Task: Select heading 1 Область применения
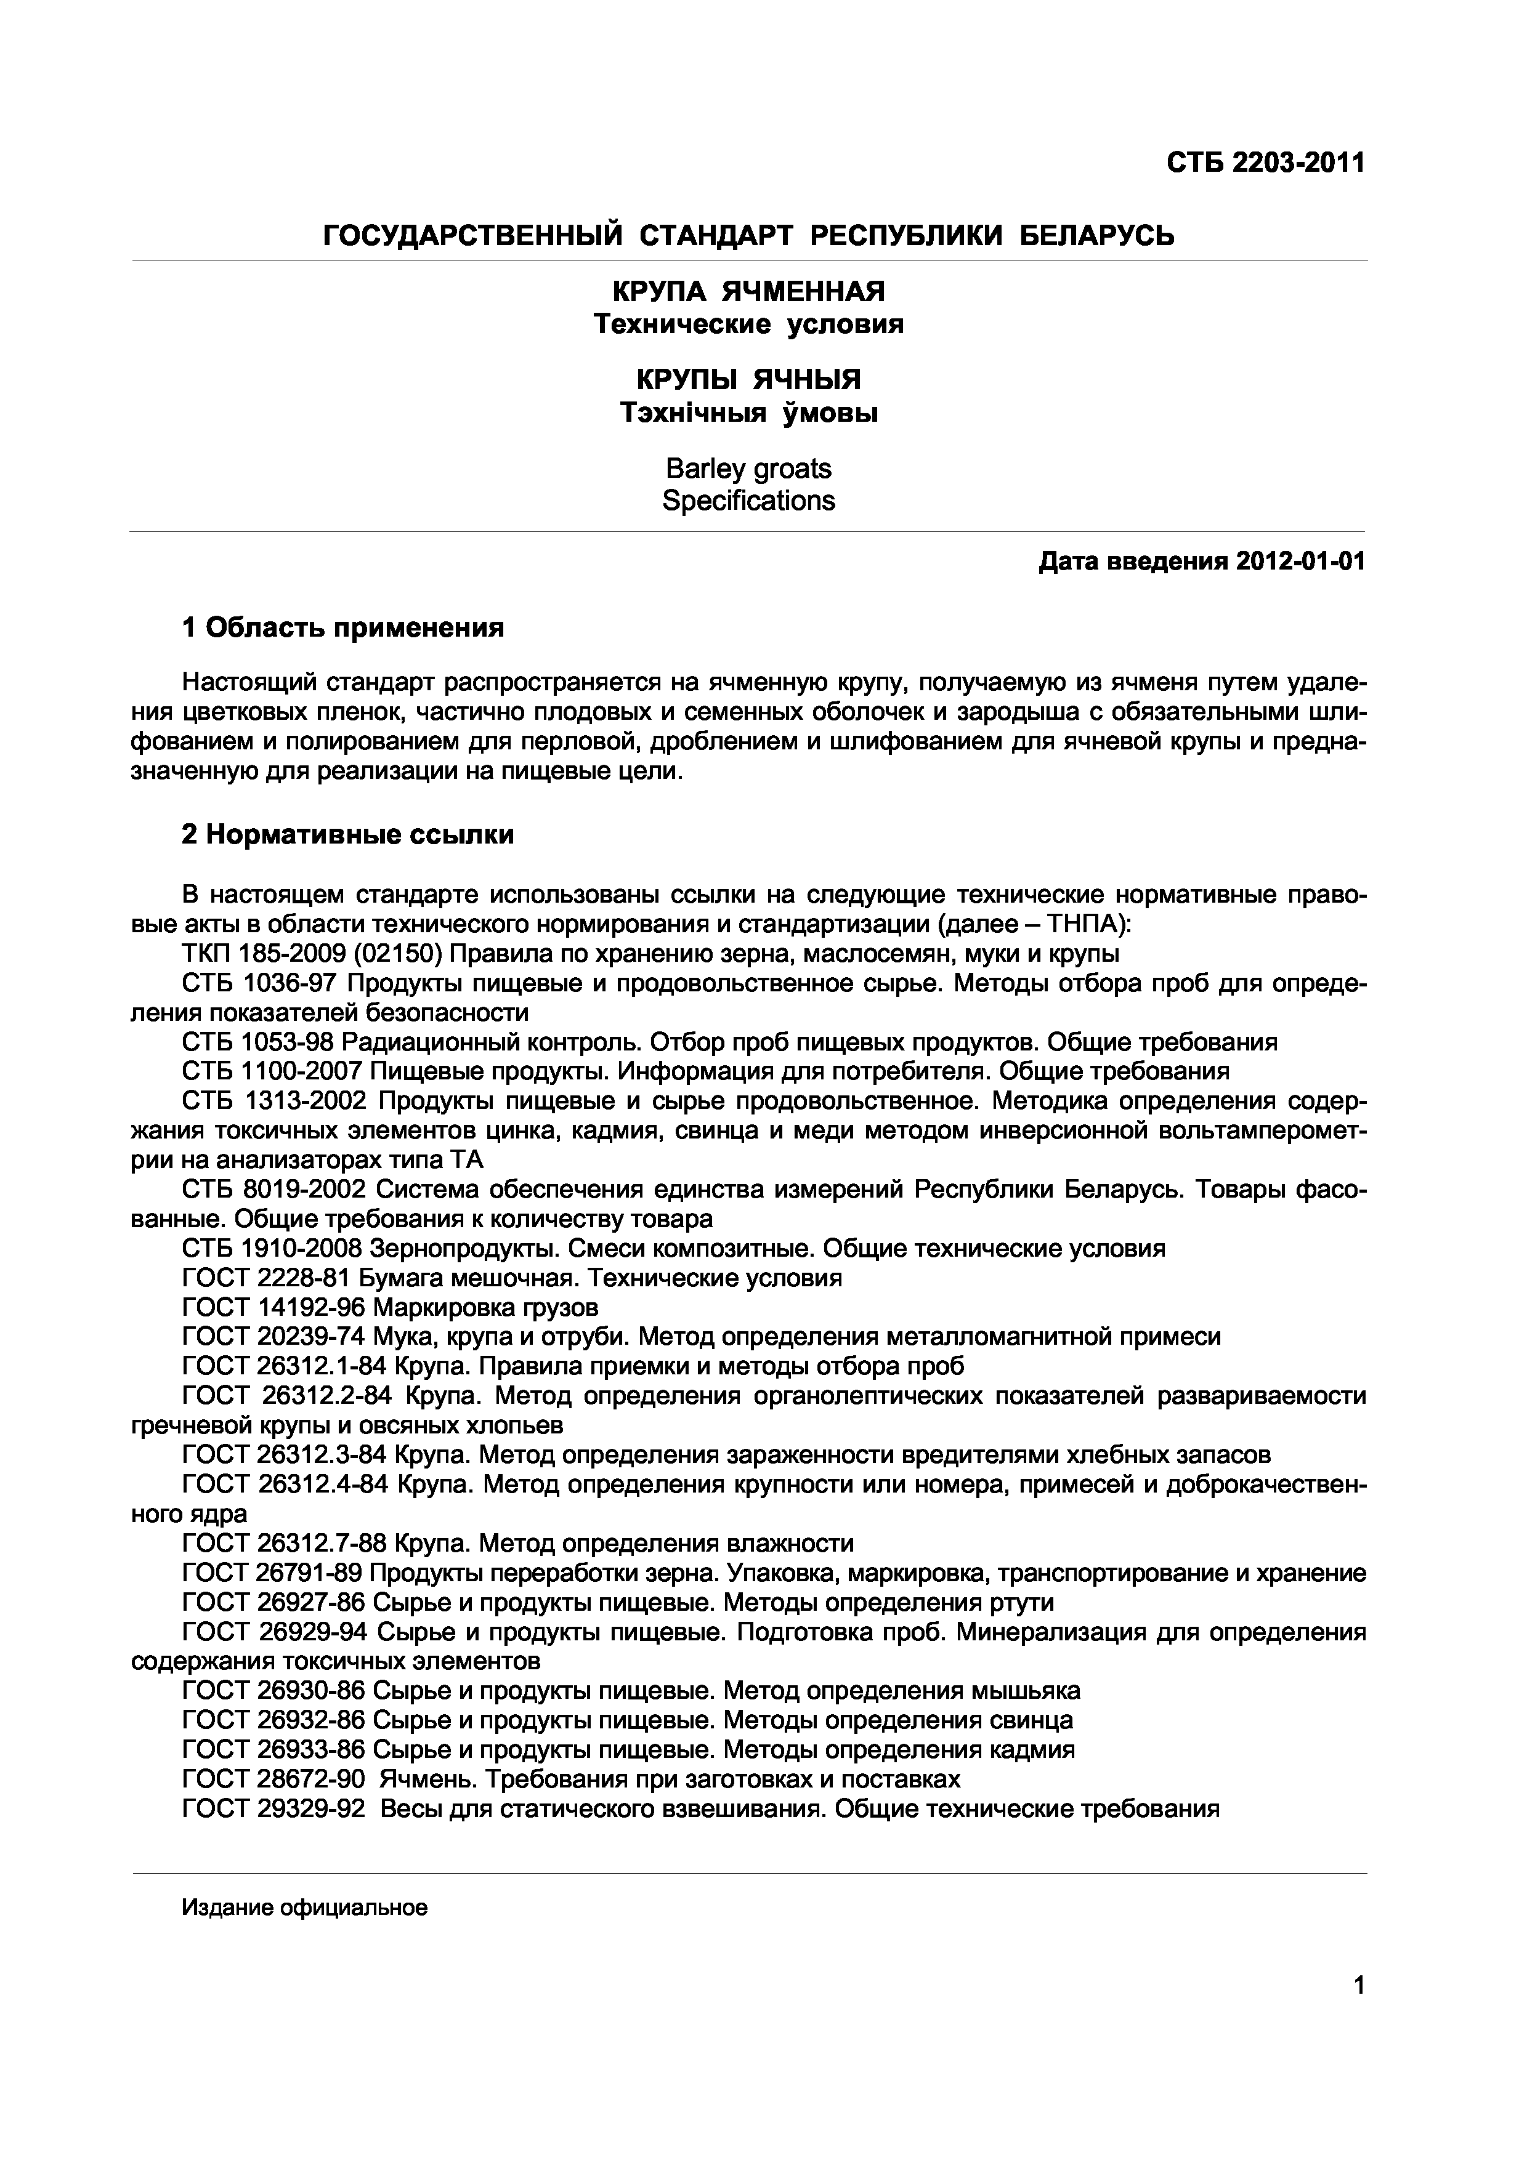(344, 627)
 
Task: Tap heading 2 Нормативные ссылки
(348, 834)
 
